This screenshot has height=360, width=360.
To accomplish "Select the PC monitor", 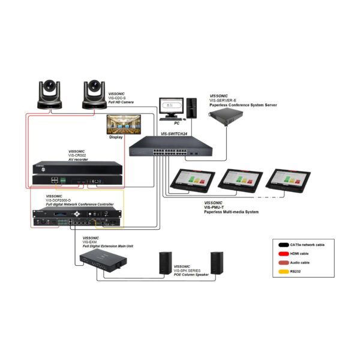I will tap(171, 105).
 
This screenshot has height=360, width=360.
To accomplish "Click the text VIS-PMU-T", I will tap(217, 207).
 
